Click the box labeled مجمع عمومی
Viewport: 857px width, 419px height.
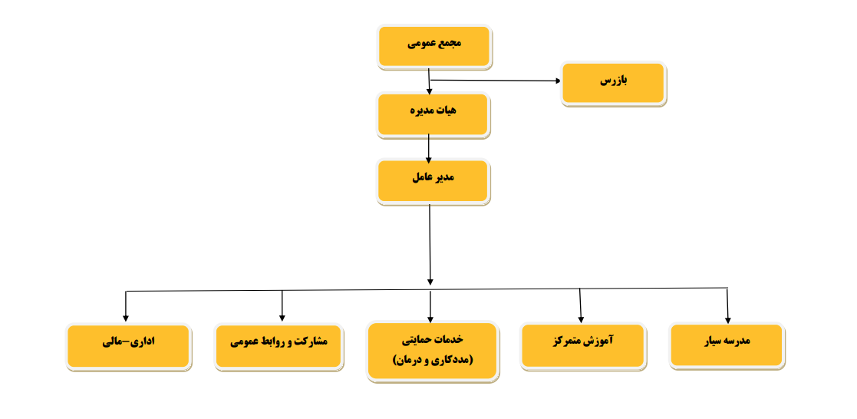click(434, 47)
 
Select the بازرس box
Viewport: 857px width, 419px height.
click(613, 84)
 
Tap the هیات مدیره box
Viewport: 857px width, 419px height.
click(433, 115)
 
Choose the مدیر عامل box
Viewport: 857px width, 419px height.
click(433, 182)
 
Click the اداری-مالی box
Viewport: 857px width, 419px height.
click(128, 347)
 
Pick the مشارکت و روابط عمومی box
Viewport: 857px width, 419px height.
click(279, 347)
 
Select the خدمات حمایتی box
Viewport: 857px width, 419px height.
click(432, 351)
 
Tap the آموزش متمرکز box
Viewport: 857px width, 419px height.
click(583, 346)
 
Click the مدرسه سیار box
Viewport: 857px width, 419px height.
click(727, 345)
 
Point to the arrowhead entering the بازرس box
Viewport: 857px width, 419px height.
click(558, 81)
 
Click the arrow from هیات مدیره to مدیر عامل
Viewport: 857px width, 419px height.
click(428, 148)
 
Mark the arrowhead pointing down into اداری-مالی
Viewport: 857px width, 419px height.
click(126, 318)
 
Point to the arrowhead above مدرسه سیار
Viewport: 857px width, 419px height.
click(728, 321)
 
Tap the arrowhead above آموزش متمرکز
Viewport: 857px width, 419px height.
click(581, 319)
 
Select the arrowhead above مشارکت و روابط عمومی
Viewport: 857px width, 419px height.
click(282, 317)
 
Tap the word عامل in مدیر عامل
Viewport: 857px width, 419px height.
click(422, 178)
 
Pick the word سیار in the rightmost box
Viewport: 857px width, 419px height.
click(714, 341)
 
